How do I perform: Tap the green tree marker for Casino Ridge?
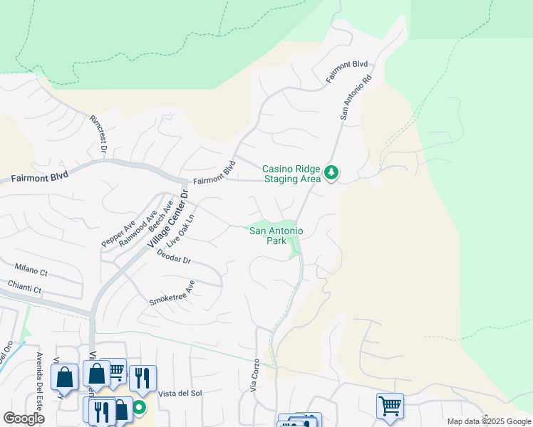click(x=331, y=172)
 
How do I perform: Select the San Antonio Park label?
click(x=276, y=236)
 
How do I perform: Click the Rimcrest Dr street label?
click(x=98, y=135)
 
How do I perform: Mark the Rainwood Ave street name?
click(x=138, y=227)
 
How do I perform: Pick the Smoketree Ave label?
click(x=172, y=292)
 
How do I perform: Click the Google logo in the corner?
click(x=24, y=418)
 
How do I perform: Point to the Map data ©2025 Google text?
click(x=488, y=421)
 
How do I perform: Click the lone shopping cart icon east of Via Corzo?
click(x=390, y=406)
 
